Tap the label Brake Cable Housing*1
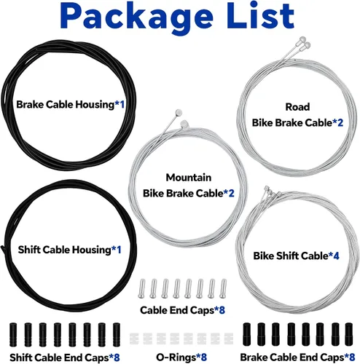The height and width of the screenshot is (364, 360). [70, 105]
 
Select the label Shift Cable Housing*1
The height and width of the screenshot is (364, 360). [69, 250]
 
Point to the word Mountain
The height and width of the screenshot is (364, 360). [189, 178]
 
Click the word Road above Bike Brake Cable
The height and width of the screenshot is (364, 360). [297, 107]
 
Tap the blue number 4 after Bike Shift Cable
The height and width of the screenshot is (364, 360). [336, 256]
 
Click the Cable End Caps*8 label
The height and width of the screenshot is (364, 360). [182, 310]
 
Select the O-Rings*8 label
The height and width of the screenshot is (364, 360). [181, 357]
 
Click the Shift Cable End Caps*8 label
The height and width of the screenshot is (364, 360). [65, 357]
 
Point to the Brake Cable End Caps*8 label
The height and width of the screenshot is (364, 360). [297, 357]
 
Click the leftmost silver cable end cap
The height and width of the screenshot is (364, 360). [141, 288]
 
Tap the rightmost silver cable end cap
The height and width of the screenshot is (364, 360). [223, 288]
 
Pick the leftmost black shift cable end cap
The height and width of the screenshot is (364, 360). [13, 335]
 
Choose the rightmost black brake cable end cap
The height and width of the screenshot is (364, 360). [349, 334]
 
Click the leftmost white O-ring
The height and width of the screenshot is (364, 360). [134, 339]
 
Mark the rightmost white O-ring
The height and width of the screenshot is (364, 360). [229, 339]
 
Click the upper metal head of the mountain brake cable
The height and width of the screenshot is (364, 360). [179, 112]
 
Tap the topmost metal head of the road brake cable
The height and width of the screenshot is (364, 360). [302, 39]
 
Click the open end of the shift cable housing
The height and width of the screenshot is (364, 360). [2, 248]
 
